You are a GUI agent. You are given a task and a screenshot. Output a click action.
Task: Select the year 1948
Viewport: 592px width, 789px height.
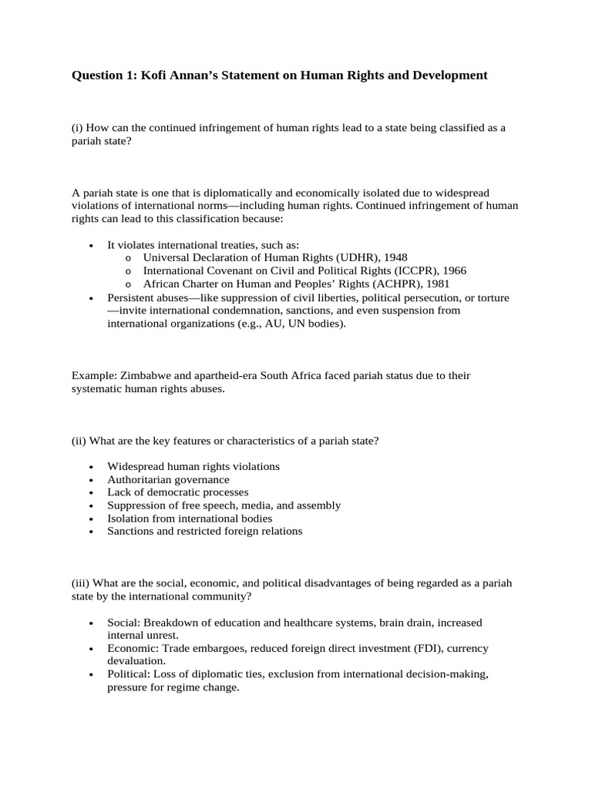[394, 257]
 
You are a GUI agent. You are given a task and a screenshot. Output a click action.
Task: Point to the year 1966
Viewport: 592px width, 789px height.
[452, 270]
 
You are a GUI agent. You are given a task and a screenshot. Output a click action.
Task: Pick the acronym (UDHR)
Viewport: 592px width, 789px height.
[363, 257]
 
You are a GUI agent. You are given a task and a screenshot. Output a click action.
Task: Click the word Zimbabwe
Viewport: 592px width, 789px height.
[145, 375]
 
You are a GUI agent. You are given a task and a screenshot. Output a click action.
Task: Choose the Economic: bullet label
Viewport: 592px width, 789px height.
[133, 648]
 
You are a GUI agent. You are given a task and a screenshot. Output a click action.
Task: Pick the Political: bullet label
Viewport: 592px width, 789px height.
[129, 674]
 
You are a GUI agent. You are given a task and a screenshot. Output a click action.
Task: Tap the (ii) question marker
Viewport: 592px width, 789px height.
[79, 441]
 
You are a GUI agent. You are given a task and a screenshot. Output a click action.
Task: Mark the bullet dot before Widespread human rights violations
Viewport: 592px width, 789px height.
[91, 467]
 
